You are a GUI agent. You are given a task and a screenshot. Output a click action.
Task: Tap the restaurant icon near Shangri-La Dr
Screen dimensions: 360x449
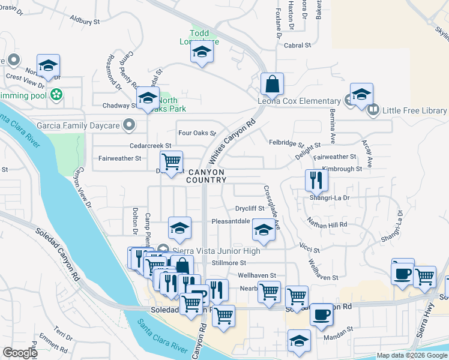(x=316, y=179)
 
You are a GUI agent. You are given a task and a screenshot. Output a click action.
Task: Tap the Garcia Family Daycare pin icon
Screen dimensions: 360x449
(x=128, y=125)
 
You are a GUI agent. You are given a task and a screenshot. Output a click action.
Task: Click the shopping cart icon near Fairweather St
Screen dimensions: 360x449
(x=172, y=161)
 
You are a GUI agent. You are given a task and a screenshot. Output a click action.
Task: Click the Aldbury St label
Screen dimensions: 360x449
(x=85, y=20)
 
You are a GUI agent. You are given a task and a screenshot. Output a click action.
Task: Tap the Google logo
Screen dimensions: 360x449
(x=19, y=353)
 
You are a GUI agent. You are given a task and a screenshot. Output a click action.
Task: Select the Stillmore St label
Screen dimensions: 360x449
(x=229, y=263)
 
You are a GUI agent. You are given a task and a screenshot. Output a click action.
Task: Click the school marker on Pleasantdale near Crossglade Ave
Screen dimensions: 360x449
(x=263, y=229)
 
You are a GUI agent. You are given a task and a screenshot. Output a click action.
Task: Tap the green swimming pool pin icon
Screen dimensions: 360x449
(x=56, y=94)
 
